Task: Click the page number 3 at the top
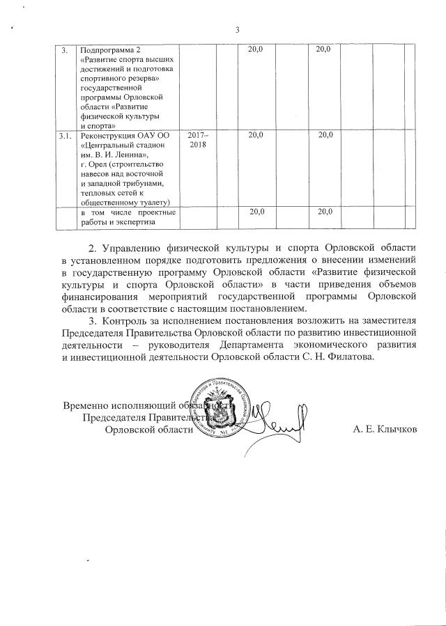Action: tap(237, 29)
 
